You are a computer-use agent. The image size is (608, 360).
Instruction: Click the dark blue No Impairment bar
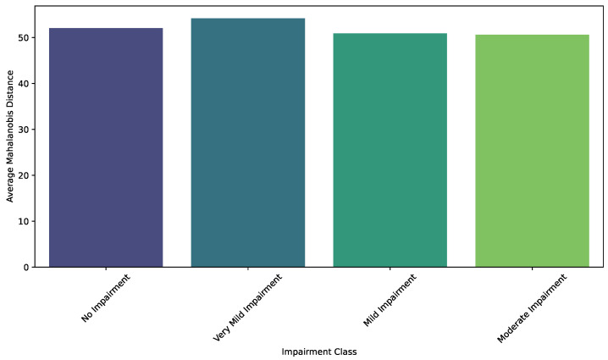(106, 147)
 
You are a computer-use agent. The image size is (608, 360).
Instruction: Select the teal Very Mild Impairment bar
(248, 142)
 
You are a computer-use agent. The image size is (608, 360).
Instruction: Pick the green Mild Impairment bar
(390, 150)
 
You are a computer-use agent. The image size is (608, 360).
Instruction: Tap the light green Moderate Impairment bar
(532, 151)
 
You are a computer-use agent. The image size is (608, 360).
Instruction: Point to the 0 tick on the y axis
(26, 268)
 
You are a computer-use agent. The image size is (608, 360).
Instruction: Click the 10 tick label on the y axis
(24, 222)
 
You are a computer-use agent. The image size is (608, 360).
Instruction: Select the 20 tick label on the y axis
(24, 175)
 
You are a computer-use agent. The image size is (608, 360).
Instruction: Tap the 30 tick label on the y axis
(24, 130)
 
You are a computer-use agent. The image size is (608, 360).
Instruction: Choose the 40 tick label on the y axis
(24, 83)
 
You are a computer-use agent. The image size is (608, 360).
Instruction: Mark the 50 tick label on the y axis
(24, 37)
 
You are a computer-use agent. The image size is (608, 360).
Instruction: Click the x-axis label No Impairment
(106, 298)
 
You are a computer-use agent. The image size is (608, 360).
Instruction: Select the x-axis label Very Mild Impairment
(247, 307)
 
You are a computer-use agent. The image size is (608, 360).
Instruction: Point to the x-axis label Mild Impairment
(390, 300)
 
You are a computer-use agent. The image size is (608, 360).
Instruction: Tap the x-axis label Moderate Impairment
(532, 308)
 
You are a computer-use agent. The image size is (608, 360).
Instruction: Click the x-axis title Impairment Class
(319, 352)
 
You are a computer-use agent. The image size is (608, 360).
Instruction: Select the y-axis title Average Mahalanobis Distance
(10, 136)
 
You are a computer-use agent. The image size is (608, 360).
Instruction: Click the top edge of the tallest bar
(248, 19)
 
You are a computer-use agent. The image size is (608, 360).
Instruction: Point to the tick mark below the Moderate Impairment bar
(532, 269)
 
